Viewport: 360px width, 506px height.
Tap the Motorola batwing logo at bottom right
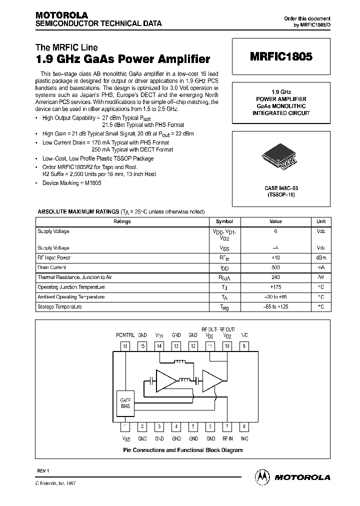click(261, 477)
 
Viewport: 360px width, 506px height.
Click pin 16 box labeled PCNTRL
click(125, 346)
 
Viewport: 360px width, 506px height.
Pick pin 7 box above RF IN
click(227, 426)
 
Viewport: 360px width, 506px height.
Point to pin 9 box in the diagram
click(244, 346)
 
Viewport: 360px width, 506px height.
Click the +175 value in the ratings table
click(275, 287)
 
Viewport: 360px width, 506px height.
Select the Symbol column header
click(224, 221)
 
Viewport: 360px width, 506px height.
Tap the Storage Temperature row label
click(59, 307)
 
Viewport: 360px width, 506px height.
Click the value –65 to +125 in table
click(275, 307)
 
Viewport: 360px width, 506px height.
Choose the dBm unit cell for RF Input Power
click(321, 258)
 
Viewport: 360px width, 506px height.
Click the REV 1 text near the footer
click(44, 471)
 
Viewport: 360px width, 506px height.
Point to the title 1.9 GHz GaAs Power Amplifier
click(123, 59)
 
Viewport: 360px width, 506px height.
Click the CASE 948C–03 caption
click(281, 188)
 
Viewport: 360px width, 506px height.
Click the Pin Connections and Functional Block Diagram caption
click(183, 450)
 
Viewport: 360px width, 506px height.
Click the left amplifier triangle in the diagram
click(166, 381)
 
